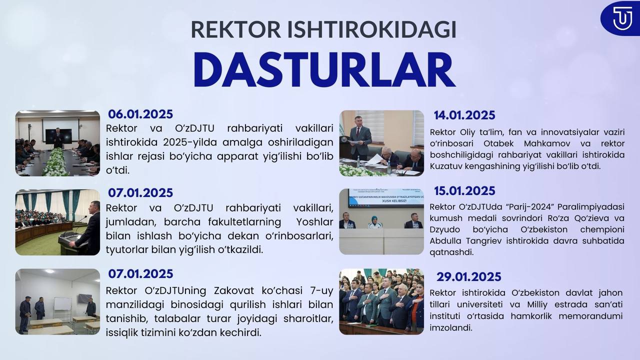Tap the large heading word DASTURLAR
tap(324, 70)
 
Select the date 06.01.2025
tap(140, 114)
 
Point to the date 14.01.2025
tap(464, 115)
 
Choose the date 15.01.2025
tap(464, 191)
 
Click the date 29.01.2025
tap(469, 277)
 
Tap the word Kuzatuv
tap(445, 166)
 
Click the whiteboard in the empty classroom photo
tap(62, 303)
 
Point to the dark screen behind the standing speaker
tap(59, 136)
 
